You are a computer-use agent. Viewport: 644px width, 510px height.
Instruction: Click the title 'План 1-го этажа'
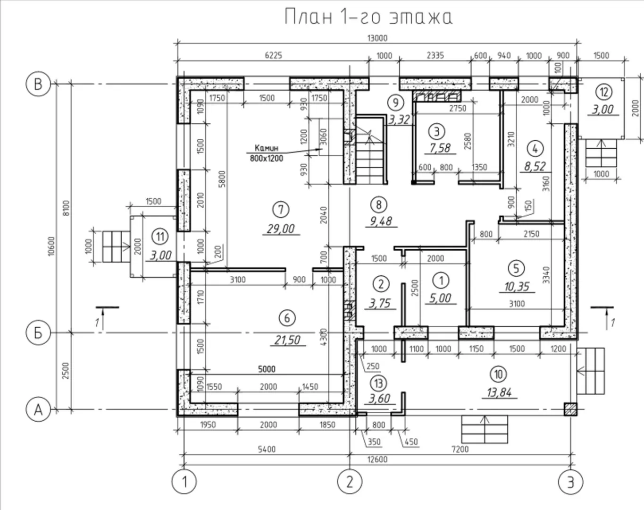[368, 17]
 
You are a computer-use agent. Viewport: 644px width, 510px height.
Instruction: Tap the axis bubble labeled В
[38, 85]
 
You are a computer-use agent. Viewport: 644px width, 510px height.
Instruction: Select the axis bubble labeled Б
[38, 332]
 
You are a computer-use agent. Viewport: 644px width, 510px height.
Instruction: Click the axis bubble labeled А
[38, 409]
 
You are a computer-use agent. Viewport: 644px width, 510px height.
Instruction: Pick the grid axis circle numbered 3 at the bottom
[570, 482]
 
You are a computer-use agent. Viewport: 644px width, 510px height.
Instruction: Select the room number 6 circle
[287, 318]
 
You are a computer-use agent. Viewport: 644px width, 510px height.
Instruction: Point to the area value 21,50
[286, 340]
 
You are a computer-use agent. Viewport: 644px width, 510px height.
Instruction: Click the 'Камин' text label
[267, 148]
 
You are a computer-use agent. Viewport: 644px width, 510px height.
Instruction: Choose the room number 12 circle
[603, 91]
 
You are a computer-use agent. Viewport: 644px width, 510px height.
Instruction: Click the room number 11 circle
[160, 236]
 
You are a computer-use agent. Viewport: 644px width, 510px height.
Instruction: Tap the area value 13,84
[499, 392]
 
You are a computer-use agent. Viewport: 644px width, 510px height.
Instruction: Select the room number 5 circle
[516, 268]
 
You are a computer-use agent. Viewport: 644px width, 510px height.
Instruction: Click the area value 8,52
[534, 166]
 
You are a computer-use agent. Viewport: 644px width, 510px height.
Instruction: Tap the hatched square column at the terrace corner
[570, 409]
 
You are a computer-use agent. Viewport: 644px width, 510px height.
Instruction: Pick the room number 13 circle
[378, 382]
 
